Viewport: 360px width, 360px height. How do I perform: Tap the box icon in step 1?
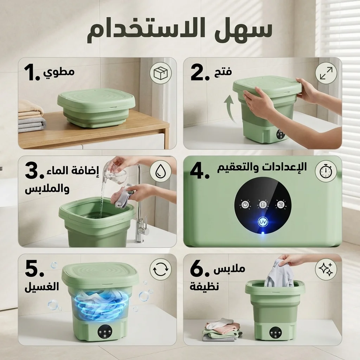coord(161,73)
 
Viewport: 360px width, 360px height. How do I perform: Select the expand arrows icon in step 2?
coord(326,73)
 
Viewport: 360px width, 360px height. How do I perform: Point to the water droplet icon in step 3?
coord(161,171)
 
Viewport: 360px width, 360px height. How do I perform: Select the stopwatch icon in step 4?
coord(326,171)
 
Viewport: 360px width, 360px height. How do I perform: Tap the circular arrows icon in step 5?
coord(161,270)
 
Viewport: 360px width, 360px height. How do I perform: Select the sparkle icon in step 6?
coord(326,270)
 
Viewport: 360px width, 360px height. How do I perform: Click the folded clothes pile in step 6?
coord(220,330)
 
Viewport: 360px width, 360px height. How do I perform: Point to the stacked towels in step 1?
coord(32,116)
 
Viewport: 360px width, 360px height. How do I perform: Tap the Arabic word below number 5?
coord(41,287)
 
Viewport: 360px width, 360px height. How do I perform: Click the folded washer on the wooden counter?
coord(96,107)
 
